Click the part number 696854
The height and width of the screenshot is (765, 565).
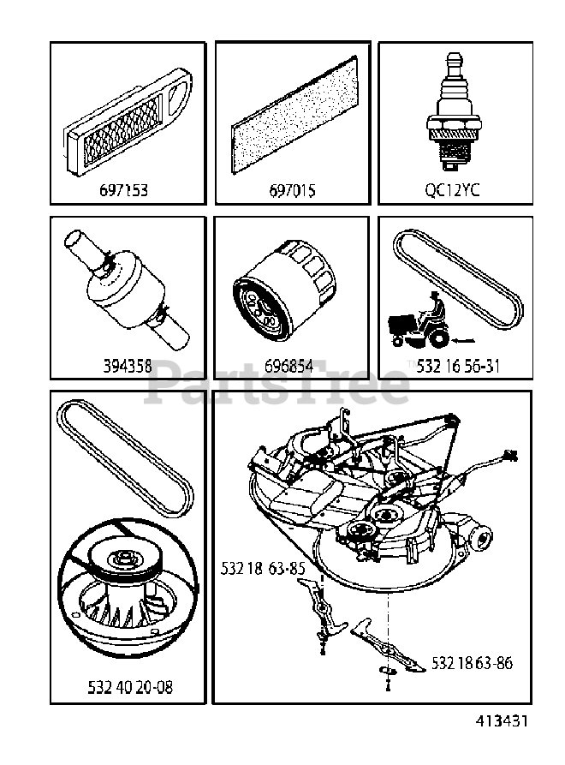(x=286, y=367)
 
